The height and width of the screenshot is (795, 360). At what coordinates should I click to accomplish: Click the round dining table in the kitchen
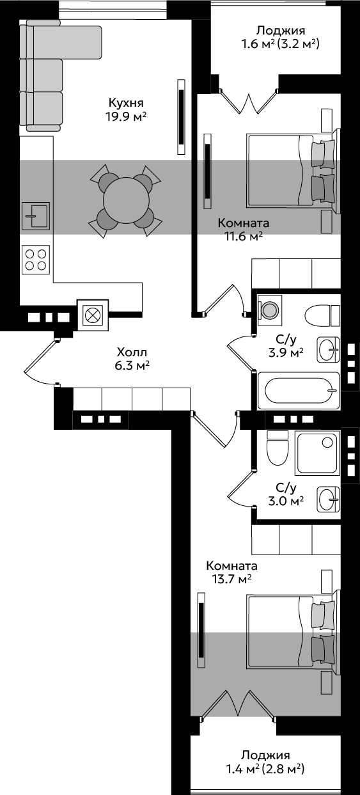point(126,201)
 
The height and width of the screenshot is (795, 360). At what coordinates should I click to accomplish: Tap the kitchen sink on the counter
point(35,216)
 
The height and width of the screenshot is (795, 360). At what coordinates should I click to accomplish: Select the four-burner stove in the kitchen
point(36,260)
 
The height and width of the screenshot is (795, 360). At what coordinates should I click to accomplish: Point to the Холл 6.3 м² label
point(132,359)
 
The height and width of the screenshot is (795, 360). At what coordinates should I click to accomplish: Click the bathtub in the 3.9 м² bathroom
point(299,390)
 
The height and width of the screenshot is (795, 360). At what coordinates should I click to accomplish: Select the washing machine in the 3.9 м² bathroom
point(270,310)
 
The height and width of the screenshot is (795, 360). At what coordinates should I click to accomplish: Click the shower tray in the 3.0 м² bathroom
point(317,453)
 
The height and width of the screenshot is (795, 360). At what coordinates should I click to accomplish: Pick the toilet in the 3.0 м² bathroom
point(277,448)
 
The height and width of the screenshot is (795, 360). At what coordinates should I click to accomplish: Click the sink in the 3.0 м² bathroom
point(329,499)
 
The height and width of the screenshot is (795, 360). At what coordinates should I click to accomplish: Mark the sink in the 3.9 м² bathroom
point(329,350)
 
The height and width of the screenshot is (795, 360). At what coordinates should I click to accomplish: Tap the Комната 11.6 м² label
point(244,229)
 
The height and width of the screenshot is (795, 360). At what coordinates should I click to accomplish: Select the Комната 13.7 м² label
point(232,572)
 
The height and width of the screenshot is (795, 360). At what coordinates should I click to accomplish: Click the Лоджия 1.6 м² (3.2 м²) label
point(281,37)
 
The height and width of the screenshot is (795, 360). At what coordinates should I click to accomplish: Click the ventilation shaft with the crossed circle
point(93,315)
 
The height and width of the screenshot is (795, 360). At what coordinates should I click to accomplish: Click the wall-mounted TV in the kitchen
point(181,116)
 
